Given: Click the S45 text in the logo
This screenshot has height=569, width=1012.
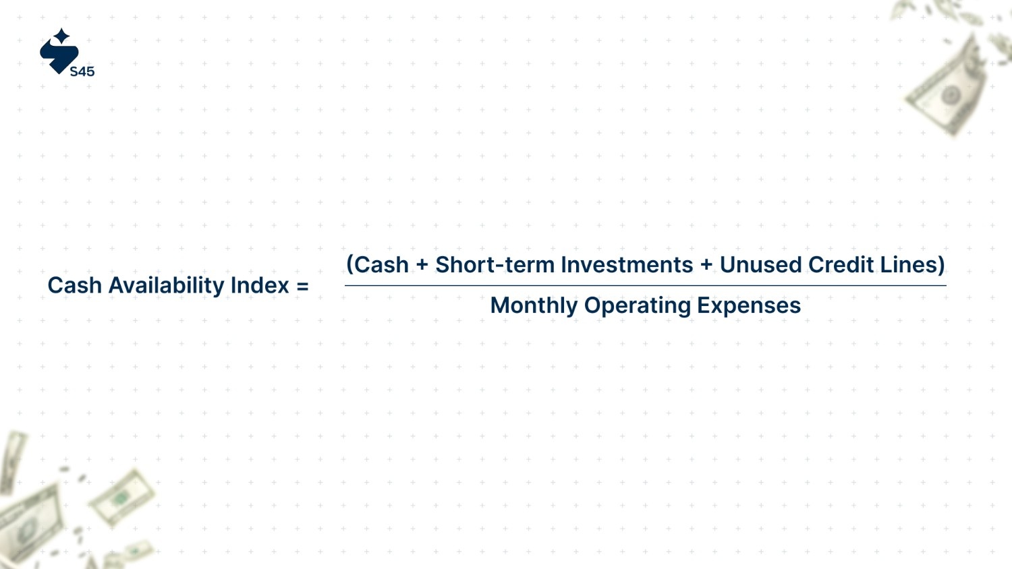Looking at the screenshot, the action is pyautogui.click(x=82, y=71).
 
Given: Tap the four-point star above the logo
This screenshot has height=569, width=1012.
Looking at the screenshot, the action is pyautogui.click(x=61, y=36).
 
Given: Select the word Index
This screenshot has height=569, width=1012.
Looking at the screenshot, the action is pyautogui.click(x=260, y=285).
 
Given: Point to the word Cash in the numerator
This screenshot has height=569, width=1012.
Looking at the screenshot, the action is pyautogui.click(x=381, y=265).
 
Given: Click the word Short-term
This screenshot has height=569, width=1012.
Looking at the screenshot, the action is pyautogui.click(x=495, y=265).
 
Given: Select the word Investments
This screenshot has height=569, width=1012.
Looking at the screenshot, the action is pyautogui.click(x=627, y=265).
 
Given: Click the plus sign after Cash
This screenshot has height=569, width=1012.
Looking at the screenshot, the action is pyautogui.click(x=422, y=265).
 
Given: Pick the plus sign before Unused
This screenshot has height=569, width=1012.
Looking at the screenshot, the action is pyautogui.click(x=706, y=265).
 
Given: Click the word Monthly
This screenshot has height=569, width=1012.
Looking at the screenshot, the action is pyautogui.click(x=534, y=306).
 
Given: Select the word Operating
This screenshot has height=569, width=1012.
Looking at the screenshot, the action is pyautogui.click(x=638, y=306).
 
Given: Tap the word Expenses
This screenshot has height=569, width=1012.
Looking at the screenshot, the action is pyautogui.click(x=749, y=306).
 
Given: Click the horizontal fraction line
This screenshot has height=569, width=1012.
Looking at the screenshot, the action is pyautogui.click(x=646, y=285).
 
